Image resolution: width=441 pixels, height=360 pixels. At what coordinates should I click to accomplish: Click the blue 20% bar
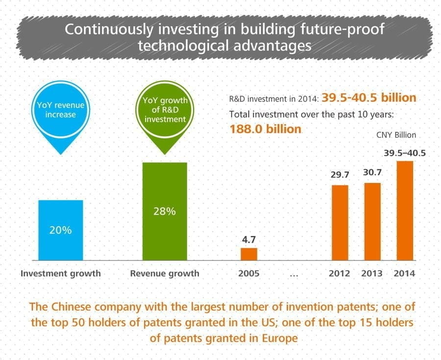[61, 230]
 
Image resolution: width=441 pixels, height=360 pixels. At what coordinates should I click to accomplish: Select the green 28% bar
[165, 211]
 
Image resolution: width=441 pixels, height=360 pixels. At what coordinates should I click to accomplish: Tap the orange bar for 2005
[249, 254]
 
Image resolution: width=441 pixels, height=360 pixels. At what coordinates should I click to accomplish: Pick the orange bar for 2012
[340, 222]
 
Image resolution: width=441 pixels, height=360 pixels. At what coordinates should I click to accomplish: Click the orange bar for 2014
[405, 210]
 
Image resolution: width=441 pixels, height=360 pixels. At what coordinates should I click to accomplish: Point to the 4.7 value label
[249, 240]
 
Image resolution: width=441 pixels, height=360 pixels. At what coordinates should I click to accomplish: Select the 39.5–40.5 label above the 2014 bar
[405, 153]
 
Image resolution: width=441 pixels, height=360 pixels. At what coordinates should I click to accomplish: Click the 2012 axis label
[339, 273]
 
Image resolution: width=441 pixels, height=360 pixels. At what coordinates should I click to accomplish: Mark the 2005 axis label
[249, 273]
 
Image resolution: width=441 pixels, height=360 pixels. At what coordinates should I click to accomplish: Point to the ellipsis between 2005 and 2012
[294, 274]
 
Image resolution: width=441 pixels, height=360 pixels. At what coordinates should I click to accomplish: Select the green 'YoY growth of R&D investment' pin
[165, 110]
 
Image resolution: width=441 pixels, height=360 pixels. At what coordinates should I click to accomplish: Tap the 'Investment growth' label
[61, 273]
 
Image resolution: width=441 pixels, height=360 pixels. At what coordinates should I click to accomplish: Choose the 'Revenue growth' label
[165, 273]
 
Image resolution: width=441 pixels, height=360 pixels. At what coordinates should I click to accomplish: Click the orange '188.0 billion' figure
[265, 129]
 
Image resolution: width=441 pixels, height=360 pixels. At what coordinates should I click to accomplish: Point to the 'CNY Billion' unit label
[396, 135]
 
